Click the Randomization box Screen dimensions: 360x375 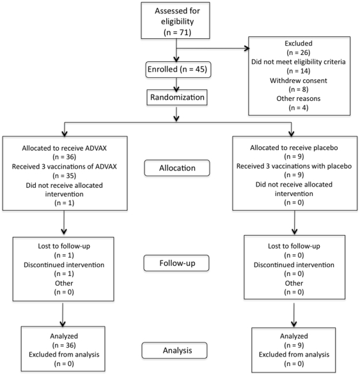point(177,97)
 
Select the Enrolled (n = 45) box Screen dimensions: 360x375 point(178,70)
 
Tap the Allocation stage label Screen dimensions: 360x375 point(177,168)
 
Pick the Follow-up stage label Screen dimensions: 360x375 point(176,263)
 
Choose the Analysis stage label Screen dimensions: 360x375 point(175,350)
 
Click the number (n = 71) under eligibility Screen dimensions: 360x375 point(177,32)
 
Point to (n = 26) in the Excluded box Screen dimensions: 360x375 point(299,52)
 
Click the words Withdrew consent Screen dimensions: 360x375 point(299,80)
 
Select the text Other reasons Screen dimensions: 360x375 point(299,98)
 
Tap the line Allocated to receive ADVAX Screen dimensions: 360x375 point(65,148)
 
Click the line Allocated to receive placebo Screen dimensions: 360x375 point(294,148)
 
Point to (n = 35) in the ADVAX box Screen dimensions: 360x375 point(65,176)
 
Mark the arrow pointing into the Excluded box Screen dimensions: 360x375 point(213,49)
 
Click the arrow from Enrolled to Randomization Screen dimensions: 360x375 point(176,85)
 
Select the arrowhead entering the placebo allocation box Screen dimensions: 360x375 point(292,134)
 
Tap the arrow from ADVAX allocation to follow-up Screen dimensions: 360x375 point(64,222)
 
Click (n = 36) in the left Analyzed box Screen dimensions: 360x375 point(64,345)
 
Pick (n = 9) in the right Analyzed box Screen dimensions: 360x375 point(294,345)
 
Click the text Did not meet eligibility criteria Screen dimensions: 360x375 point(299,62)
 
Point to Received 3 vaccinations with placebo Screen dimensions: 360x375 point(294,166)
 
